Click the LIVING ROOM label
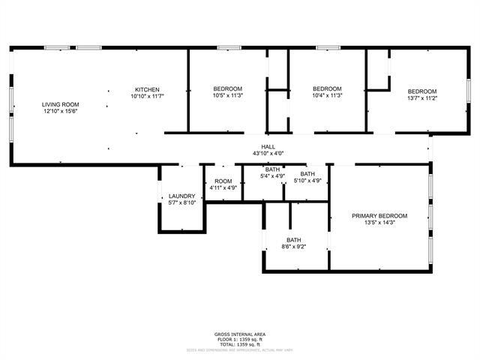(x=61, y=104)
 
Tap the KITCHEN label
(x=147, y=90)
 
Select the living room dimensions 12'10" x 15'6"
(x=61, y=111)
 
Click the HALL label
(x=268, y=147)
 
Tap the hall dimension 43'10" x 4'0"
(x=268, y=154)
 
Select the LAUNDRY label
(x=181, y=196)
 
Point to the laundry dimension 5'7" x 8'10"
(x=181, y=202)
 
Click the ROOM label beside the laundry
(x=223, y=181)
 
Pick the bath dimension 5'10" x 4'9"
(x=307, y=181)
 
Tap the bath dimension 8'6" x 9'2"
(x=293, y=247)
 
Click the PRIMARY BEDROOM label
(x=379, y=216)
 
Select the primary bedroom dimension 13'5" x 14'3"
(x=379, y=223)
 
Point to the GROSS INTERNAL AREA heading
(x=239, y=334)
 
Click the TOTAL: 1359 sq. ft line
(x=239, y=343)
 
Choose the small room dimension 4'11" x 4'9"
(x=223, y=188)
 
